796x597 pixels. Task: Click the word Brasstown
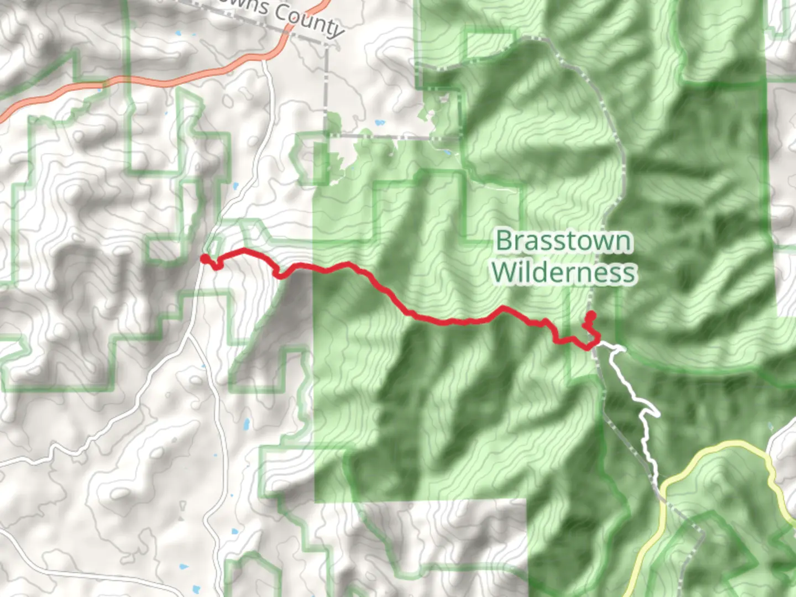point(563,242)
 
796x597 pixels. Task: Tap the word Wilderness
point(564,273)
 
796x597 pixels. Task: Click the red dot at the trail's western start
point(205,259)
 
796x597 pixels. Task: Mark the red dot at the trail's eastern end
point(590,316)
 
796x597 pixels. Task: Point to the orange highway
point(166,82)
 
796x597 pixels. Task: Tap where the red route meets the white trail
point(597,344)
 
